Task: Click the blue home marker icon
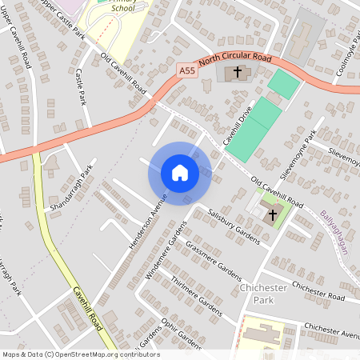(x=179, y=173)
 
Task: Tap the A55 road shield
(x=187, y=71)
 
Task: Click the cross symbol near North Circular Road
(x=237, y=72)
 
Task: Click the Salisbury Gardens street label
(x=234, y=227)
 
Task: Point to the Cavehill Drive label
(x=238, y=123)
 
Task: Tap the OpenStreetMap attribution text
(x=81, y=354)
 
